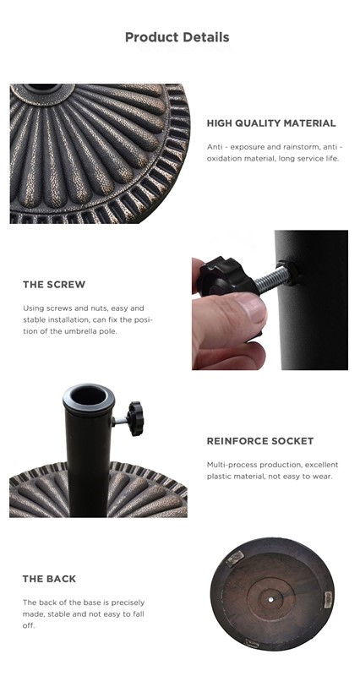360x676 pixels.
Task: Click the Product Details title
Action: (177, 37)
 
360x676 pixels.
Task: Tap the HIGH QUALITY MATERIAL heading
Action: (271, 123)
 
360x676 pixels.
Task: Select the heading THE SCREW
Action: (54, 285)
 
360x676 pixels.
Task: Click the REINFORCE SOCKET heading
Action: (260, 441)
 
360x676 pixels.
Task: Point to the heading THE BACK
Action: (49, 579)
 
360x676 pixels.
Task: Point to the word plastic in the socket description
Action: (218, 477)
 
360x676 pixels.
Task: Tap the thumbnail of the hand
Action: (251, 308)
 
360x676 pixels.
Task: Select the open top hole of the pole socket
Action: (88, 395)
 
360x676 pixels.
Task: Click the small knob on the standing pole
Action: (135, 418)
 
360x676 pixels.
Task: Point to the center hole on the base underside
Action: (270, 600)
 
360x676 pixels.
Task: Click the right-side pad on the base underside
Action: (328, 599)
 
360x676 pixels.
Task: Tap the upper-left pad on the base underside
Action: (235, 559)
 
